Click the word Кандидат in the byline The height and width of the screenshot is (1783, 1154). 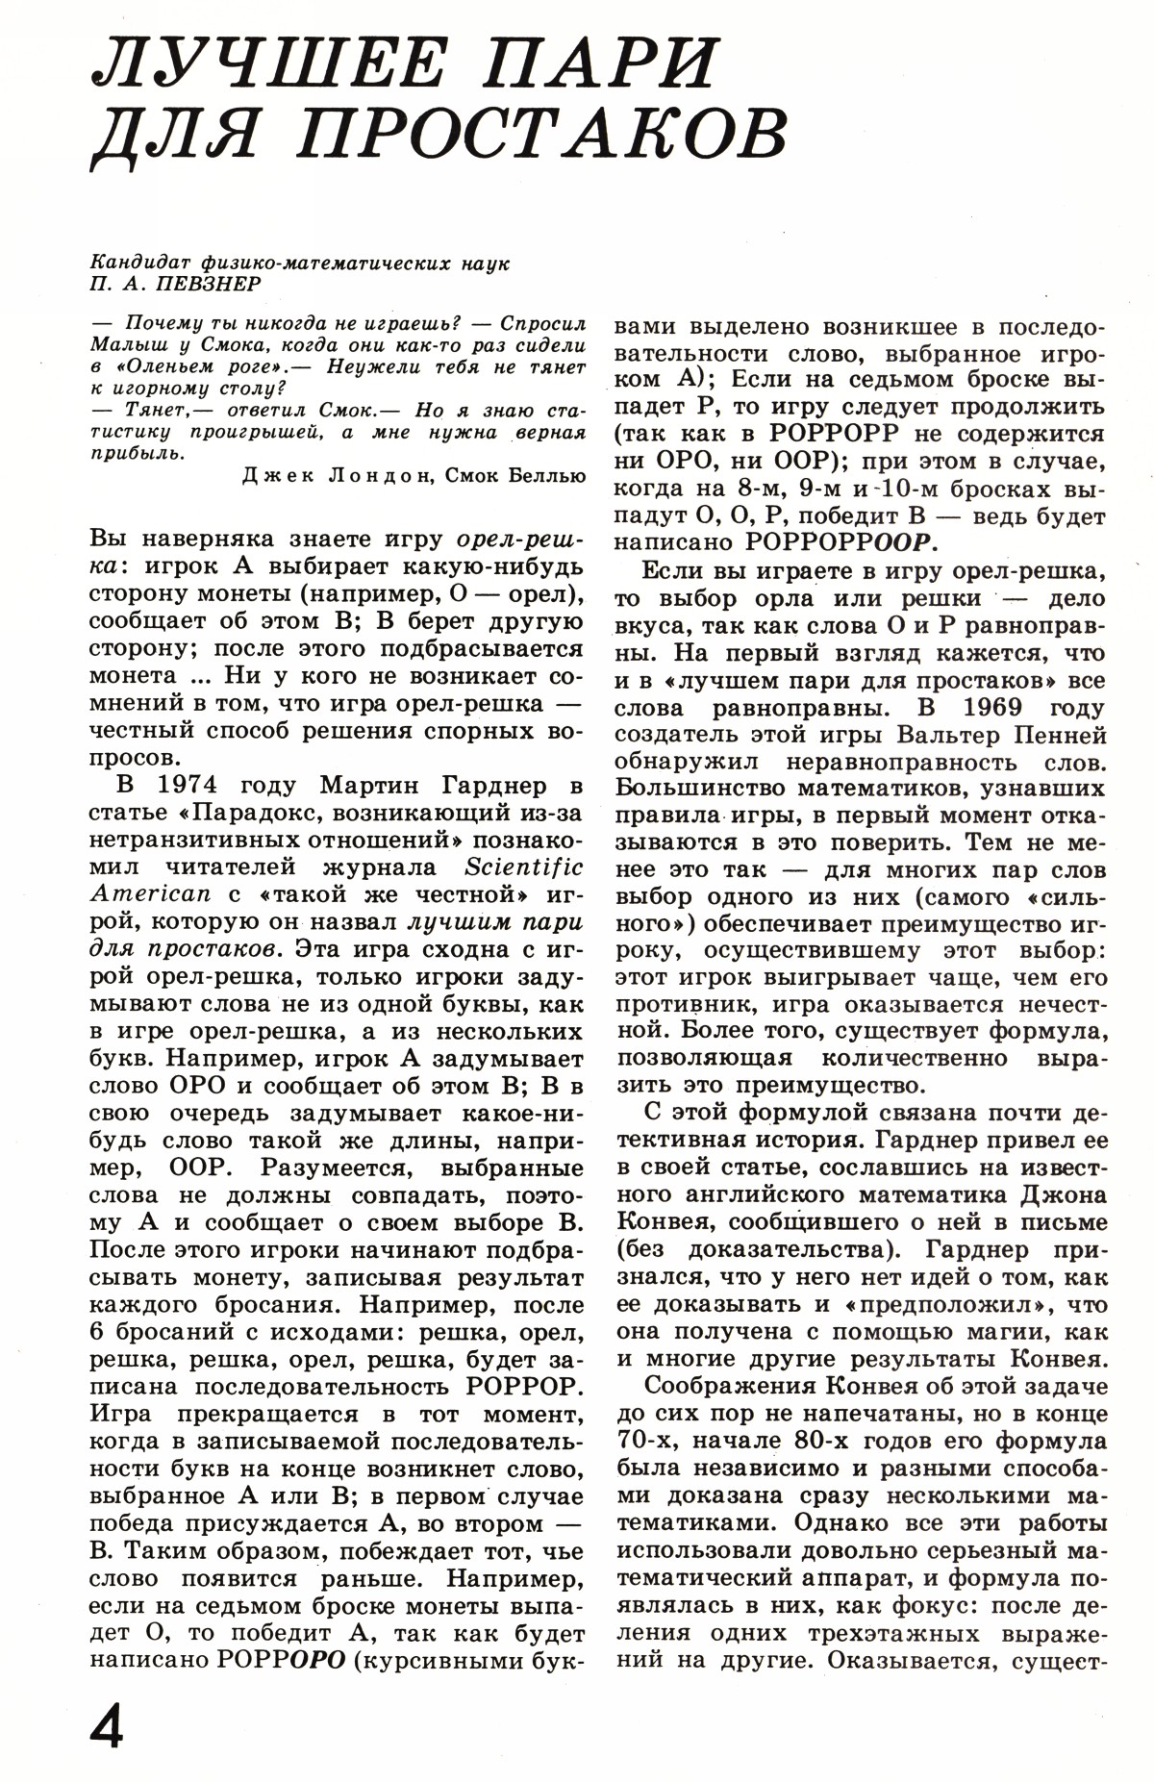(x=141, y=263)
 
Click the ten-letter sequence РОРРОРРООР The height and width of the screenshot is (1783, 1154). (x=841, y=543)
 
